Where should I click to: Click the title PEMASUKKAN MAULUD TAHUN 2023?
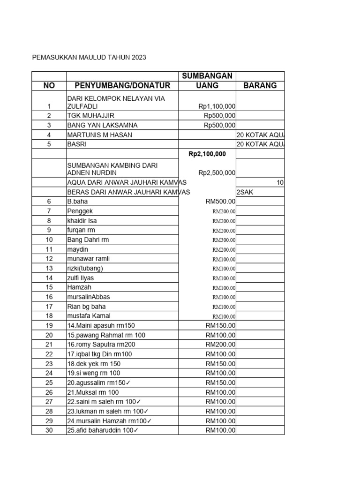[x=89, y=57]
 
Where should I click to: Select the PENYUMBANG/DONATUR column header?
[x=122, y=85]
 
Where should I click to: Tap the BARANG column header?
[x=260, y=85]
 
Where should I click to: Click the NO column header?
[x=49, y=85]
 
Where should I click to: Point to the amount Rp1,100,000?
[x=217, y=106]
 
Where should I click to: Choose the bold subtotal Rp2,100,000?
[x=207, y=154]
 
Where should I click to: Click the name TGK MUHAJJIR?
[x=91, y=116]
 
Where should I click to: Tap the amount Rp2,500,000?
[x=217, y=173]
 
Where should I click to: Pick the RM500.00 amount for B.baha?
[x=220, y=202]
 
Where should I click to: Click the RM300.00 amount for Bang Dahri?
[x=224, y=240]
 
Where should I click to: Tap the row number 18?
[x=49, y=316]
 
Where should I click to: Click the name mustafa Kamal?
[x=89, y=316]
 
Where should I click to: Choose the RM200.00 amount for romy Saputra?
[x=220, y=345]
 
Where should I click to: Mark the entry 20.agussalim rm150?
[x=99, y=382]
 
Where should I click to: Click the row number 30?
[x=49, y=430]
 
